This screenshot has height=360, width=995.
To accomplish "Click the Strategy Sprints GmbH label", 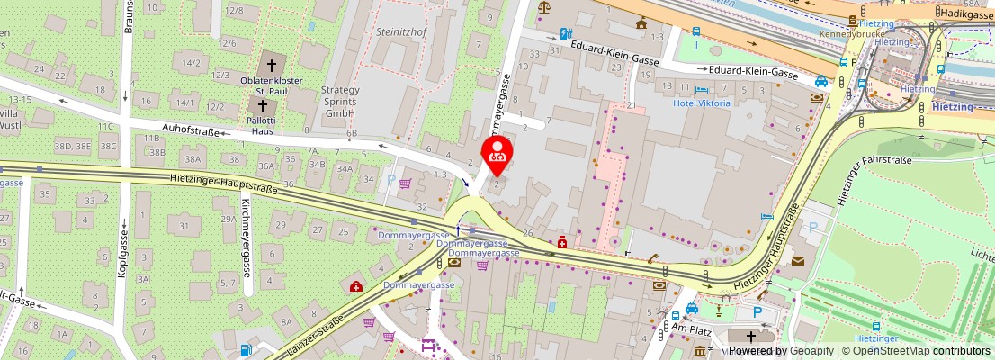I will pyautogui.click(x=340, y=102).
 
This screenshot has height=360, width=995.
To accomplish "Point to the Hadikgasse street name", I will pyautogui.click(x=964, y=13).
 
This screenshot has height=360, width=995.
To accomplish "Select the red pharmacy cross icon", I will pyautogui.click(x=562, y=241).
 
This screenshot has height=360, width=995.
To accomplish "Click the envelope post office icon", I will pyautogui.click(x=797, y=261).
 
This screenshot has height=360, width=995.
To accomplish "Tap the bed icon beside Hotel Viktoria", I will pyautogui.click(x=702, y=90).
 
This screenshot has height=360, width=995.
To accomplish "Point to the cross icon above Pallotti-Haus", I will pyautogui.click(x=263, y=106).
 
